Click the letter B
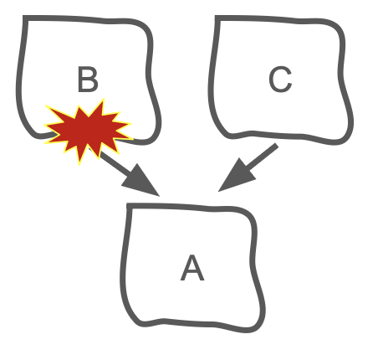(88, 79)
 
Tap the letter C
(280, 79)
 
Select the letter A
(192, 268)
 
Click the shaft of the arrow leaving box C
(262, 157)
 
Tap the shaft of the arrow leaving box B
(115, 162)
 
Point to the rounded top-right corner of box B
(146, 27)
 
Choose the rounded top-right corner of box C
(338, 27)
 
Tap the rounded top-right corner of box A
(250, 215)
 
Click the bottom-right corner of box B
(153, 137)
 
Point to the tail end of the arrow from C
(277, 145)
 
